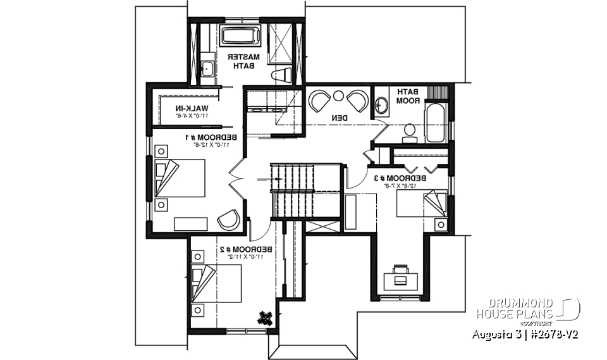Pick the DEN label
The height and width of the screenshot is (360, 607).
tap(338, 118)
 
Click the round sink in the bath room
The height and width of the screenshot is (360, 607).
tap(381, 106)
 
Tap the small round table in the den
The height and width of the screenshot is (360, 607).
tap(338, 97)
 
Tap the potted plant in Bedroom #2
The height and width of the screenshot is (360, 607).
tap(266, 318)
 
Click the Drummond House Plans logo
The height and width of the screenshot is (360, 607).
tap(528, 309)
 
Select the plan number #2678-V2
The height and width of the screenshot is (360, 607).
tap(551, 334)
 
